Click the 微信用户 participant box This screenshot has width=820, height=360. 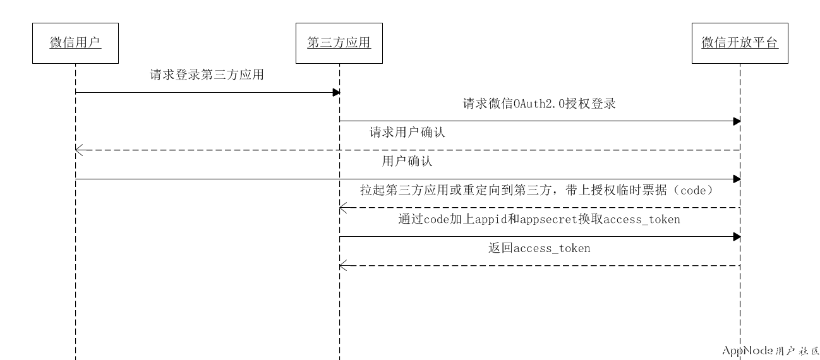(x=75, y=43)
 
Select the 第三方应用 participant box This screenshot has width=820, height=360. (x=339, y=43)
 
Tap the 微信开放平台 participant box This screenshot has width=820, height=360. (x=740, y=43)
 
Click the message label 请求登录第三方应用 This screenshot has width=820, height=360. (x=207, y=75)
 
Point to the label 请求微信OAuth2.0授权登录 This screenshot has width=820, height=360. (x=539, y=104)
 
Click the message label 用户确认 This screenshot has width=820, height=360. (x=407, y=161)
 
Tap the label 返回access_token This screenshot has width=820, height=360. (x=539, y=248)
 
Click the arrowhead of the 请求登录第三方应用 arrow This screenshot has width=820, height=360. (x=337, y=92)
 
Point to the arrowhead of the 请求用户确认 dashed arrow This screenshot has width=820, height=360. (x=78, y=150)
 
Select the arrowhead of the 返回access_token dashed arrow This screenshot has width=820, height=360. (x=342, y=265)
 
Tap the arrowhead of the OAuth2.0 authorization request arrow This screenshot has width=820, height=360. (x=737, y=121)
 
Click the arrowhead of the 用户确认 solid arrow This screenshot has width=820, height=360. (x=737, y=179)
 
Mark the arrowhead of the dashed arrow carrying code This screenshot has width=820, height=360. (x=342, y=207)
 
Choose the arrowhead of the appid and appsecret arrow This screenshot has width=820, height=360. (x=737, y=236)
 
